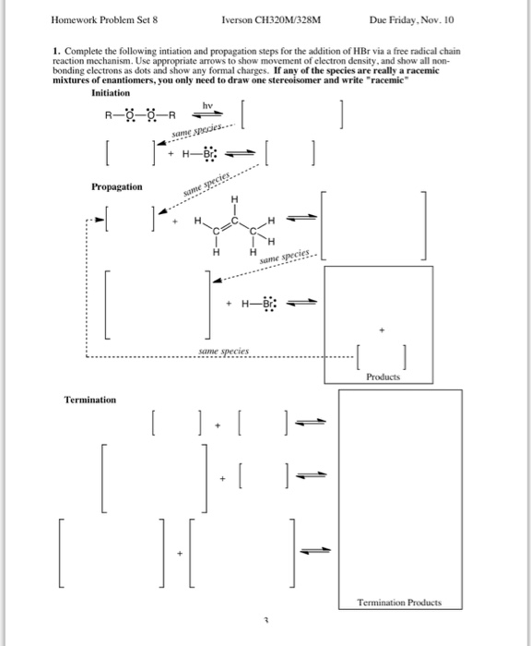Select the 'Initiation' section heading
click(117, 93)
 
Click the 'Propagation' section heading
click(117, 187)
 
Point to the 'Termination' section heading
click(90, 400)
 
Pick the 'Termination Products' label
click(400, 603)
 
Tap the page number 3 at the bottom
click(265, 624)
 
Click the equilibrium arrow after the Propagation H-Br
click(306, 304)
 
